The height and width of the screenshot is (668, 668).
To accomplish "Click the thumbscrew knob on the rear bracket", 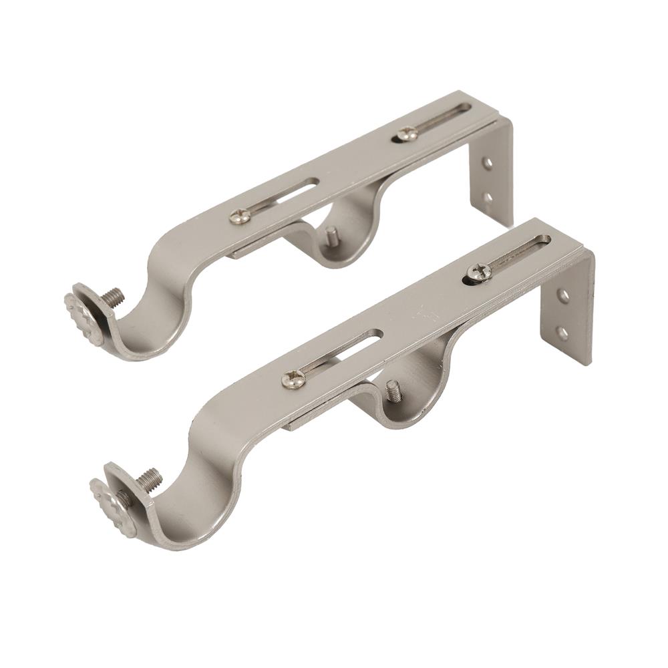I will point(83,319).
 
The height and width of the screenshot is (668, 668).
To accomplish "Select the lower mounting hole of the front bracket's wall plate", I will point(562,331).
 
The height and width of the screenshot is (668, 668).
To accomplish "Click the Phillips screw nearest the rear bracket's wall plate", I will point(405,134).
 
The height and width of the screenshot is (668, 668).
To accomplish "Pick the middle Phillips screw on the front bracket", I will point(294,379).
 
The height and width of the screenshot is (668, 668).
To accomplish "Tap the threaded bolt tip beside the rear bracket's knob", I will point(116,295).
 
